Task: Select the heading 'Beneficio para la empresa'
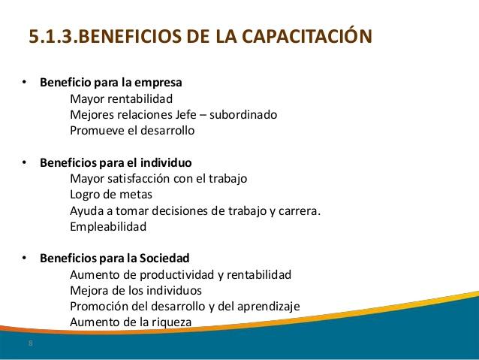pyautogui.click(x=111, y=82)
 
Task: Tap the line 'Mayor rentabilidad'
pyautogui.click(x=122, y=98)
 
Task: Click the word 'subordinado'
pyautogui.click(x=246, y=114)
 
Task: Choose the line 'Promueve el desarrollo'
pyautogui.click(x=132, y=130)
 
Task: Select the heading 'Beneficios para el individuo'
pyautogui.click(x=116, y=162)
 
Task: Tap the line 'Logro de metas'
pyautogui.click(x=110, y=195)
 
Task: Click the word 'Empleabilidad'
pyautogui.click(x=107, y=226)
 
